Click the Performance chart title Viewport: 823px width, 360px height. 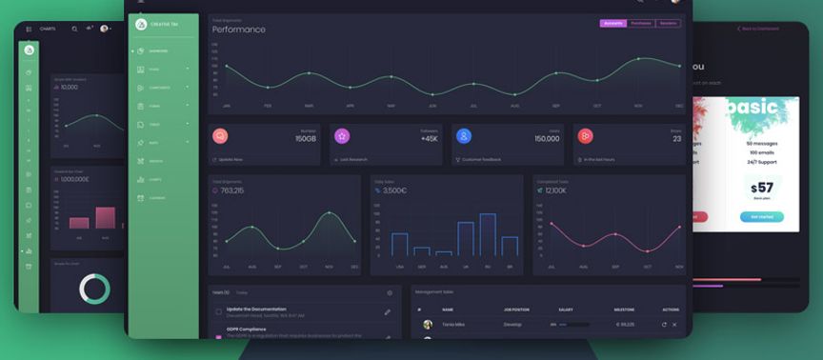click(x=239, y=30)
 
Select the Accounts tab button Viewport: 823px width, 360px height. click(x=613, y=23)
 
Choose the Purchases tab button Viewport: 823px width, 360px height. click(x=641, y=23)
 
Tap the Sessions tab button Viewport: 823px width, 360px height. click(x=669, y=23)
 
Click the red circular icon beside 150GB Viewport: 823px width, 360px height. click(x=220, y=136)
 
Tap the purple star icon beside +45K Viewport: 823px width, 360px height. click(x=342, y=136)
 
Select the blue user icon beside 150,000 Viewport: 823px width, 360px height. click(x=464, y=136)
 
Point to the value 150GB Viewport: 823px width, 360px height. click(x=305, y=139)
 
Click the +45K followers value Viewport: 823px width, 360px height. click(x=429, y=139)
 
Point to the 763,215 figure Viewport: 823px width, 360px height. click(x=231, y=190)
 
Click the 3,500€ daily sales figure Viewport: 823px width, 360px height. click(x=394, y=190)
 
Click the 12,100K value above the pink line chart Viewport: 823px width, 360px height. click(x=555, y=190)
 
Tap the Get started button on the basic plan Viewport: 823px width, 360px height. click(x=761, y=217)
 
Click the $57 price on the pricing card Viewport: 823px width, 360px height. click(x=761, y=188)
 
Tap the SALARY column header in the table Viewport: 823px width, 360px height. click(x=565, y=310)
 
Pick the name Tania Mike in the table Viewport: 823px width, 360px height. click(x=453, y=325)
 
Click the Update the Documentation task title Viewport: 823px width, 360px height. click(x=256, y=309)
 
